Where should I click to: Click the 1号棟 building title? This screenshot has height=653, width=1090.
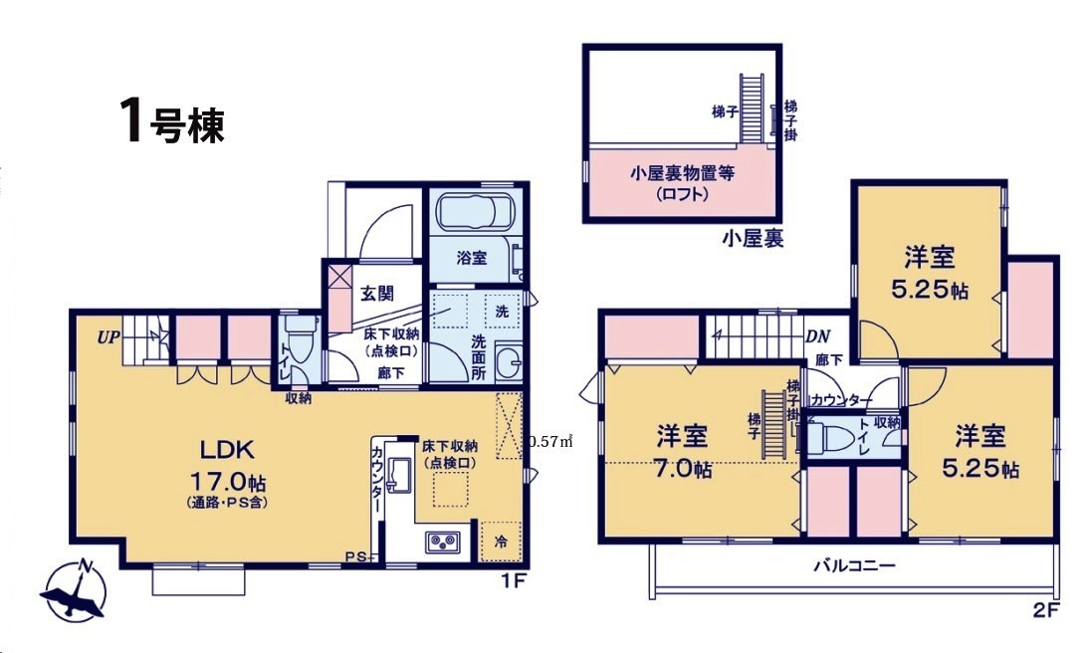click(170, 122)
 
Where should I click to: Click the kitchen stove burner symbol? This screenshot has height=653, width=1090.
click(440, 543)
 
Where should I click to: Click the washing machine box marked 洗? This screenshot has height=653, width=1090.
click(502, 311)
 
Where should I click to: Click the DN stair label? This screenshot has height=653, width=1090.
click(817, 336)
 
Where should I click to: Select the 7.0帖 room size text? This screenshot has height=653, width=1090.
click(682, 469)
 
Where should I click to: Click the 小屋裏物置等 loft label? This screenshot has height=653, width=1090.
click(682, 173)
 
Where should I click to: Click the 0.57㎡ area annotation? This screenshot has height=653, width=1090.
click(550, 440)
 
